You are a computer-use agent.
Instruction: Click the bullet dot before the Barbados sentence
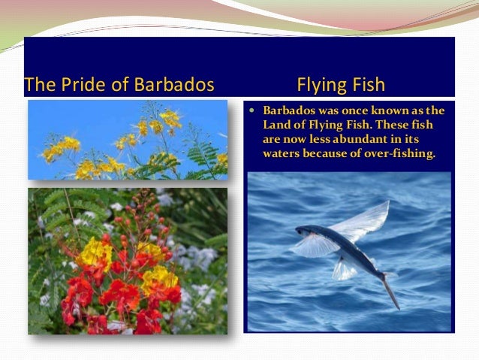[x=253, y=111]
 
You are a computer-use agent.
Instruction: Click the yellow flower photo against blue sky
[x=128, y=140]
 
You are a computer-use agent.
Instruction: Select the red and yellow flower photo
[x=128, y=260]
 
